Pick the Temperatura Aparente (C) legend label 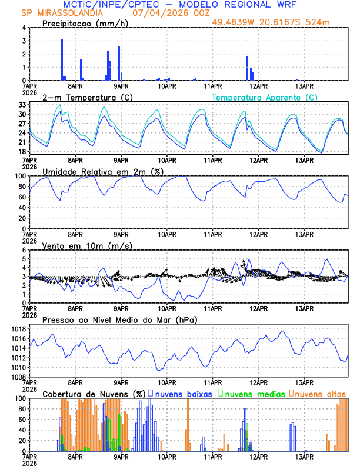[265, 97]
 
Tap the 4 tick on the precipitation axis [24, 28]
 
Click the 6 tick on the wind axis [24, 250]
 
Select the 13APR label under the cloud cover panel [304, 457]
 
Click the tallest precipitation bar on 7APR [62, 59]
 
